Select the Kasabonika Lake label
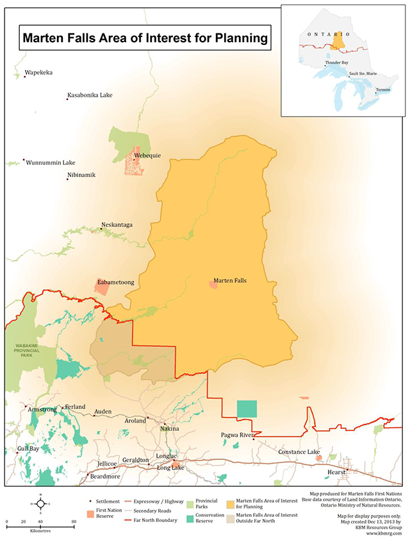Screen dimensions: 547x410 pyautogui.click(x=90, y=96)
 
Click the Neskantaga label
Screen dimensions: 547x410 pyautogui.click(x=117, y=225)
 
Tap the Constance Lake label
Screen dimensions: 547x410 pyautogui.click(x=299, y=452)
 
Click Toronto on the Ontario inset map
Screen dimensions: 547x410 pyautogui.click(x=382, y=90)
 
